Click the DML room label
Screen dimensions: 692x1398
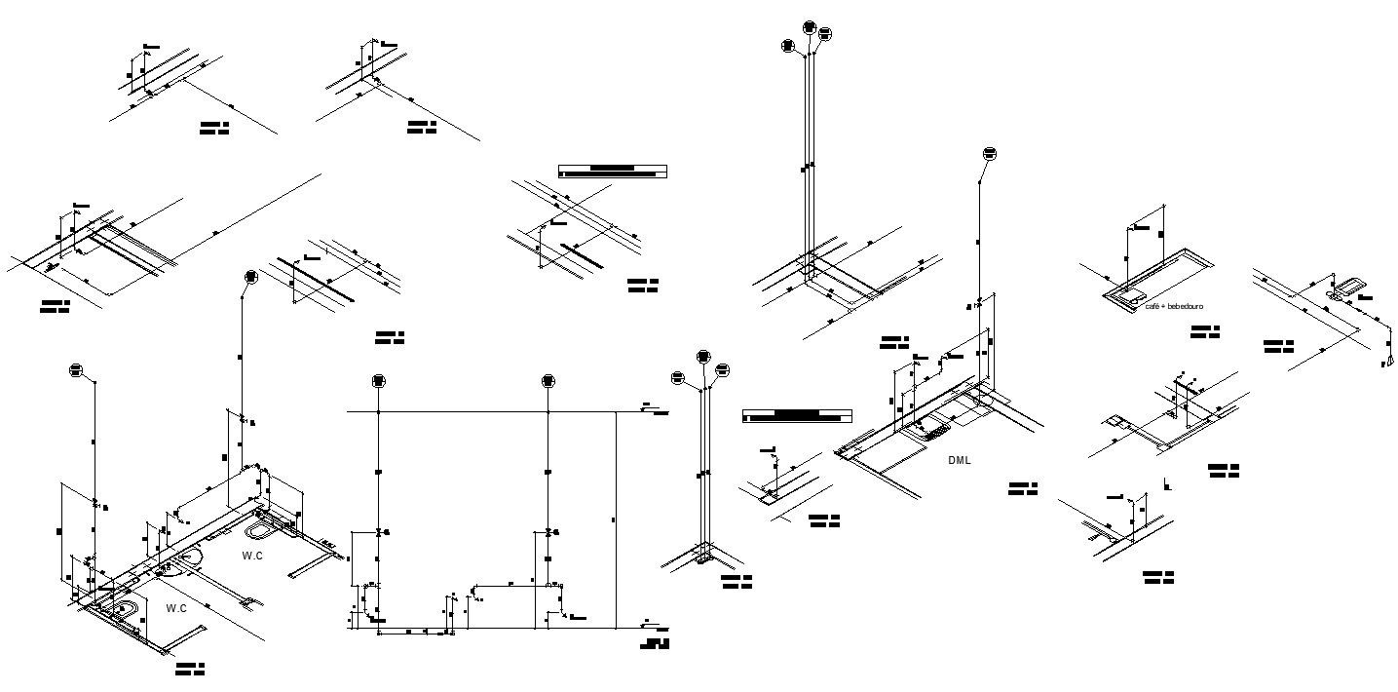(960, 460)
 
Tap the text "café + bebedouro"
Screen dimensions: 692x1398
(1174, 306)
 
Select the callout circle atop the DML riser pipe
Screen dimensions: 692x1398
(989, 154)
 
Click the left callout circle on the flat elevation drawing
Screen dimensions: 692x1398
(379, 381)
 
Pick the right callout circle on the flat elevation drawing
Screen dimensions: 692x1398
(548, 381)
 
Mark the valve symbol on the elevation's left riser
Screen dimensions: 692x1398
(379, 532)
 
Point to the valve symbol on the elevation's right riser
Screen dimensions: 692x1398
(548, 532)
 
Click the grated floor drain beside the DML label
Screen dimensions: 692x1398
(933, 425)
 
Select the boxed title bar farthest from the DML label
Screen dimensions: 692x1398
(613, 172)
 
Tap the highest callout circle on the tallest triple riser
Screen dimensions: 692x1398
(811, 27)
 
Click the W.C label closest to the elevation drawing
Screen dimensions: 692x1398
(252, 556)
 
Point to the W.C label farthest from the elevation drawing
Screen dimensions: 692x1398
(175, 608)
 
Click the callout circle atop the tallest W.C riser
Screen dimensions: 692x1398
(250, 276)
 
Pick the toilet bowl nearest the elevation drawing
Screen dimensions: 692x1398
(261, 531)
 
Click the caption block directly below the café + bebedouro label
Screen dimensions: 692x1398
(1204, 332)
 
